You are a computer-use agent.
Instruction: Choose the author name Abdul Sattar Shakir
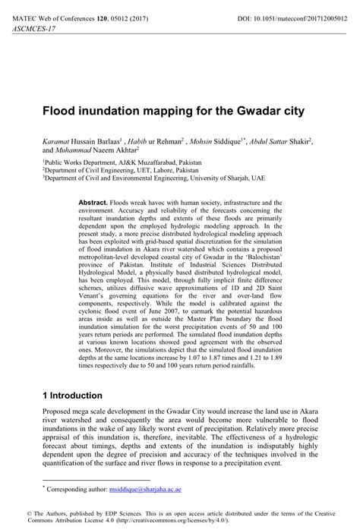pos(287,142)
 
